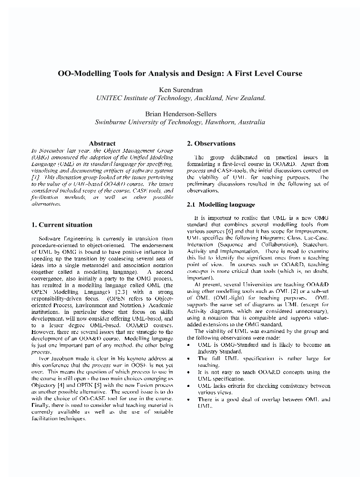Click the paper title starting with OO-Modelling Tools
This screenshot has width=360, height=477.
pos(180,73)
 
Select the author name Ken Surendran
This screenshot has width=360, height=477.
pos(180,89)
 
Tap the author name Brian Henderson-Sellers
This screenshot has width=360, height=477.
pos(180,114)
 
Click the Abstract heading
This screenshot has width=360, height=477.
pos(102,143)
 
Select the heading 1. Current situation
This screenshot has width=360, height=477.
pos(62,225)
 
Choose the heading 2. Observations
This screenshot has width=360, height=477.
pos(211,143)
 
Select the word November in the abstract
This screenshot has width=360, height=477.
pos(51,150)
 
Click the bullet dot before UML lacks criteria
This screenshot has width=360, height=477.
pos(189,385)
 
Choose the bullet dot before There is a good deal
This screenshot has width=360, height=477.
pos(189,399)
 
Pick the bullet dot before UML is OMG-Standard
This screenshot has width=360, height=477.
pos(189,344)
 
